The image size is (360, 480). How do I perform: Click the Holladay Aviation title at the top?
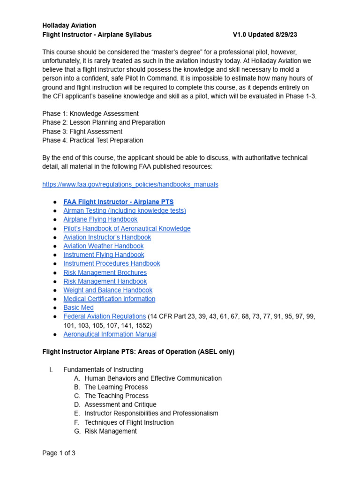point(69,25)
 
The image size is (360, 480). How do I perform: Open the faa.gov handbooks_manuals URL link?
point(130,184)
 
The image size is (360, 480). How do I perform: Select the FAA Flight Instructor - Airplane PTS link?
point(118,202)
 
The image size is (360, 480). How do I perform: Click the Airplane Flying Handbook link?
point(100,219)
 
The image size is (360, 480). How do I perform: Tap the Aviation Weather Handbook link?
point(103,246)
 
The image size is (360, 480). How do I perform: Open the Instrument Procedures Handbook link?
point(112,263)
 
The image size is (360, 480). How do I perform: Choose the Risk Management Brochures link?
point(105,272)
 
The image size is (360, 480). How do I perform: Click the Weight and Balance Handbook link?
point(108,290)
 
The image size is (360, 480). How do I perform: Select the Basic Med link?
point(78,308)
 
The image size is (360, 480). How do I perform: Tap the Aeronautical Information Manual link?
point(110,334)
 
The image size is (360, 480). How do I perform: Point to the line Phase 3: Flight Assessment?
point(82,131)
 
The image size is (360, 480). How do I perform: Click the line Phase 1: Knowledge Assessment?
point(90,113)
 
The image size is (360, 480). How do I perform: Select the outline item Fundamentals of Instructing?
point(103,369)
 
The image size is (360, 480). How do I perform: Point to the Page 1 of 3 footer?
point(59,453)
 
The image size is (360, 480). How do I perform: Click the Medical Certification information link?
point(109,299)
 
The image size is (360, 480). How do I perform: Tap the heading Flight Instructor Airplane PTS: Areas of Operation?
point(138,352)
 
